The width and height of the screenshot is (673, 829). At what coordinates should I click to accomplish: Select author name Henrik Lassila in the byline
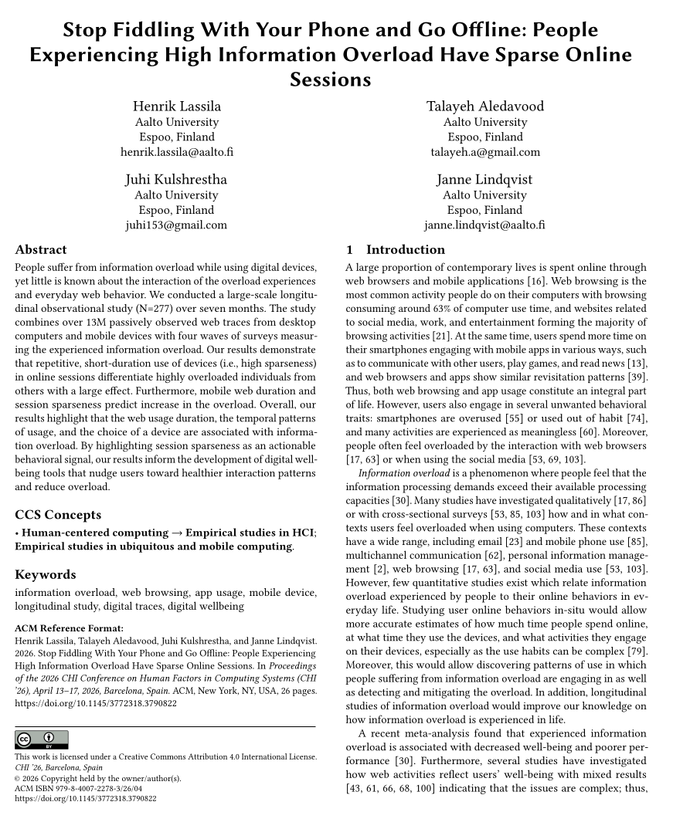(176, 106)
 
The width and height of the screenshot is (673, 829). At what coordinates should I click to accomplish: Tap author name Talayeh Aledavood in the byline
(485, 106)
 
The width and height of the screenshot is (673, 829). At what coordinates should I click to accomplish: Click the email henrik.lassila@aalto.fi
(176, 152)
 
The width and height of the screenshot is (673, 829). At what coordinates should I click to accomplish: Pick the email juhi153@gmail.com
(176, 225)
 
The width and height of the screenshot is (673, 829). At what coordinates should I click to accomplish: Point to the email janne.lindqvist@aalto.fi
(484, 225)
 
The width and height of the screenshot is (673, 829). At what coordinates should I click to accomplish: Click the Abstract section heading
(41, 250)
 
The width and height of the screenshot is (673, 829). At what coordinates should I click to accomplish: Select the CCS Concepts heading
(58, 515)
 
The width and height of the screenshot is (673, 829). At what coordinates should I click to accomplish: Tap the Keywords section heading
(46, 575)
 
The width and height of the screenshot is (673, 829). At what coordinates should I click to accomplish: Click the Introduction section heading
(405, 250)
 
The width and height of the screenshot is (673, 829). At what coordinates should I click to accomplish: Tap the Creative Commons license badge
(42, 740)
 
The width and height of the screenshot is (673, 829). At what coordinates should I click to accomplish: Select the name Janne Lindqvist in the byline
(484, 180)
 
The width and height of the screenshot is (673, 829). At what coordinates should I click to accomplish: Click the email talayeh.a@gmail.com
(485, 152)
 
